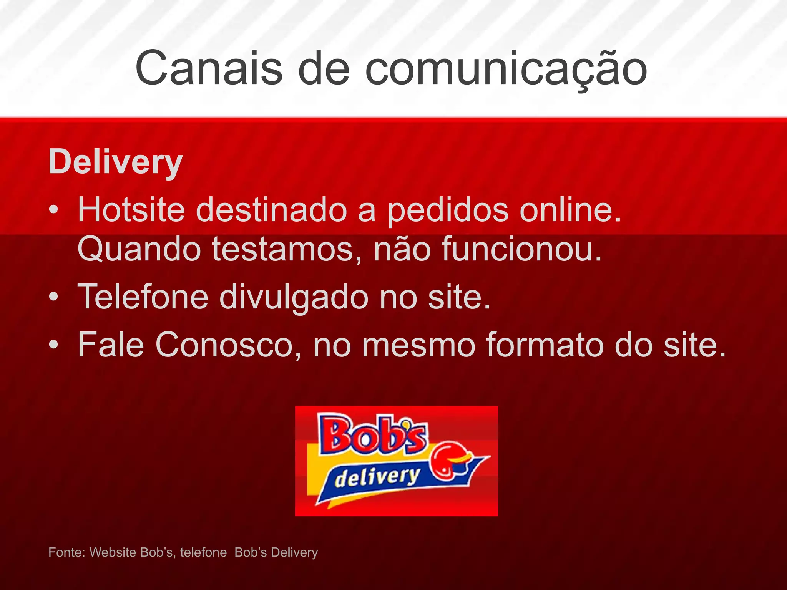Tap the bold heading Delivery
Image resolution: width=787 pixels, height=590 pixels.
115,162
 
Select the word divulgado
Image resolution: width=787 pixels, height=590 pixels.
294,297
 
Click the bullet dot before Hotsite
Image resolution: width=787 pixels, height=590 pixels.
54,210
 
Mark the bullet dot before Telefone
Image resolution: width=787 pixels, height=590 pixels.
54,297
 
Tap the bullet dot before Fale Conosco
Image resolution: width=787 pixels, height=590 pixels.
54,345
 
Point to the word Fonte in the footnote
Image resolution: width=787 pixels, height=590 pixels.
66,552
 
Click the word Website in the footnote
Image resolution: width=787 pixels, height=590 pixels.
114,552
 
